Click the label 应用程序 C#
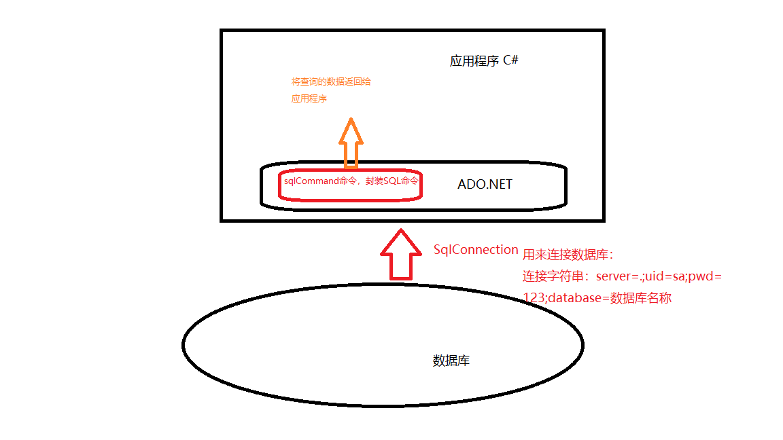tap(484, 60)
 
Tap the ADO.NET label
tap(485, 184)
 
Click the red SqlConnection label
tap(476, 249)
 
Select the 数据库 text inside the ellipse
tap(451, 361)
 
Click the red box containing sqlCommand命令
tap(351, 183)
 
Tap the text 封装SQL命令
tap(391, 182)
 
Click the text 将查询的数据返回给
tap(331, 81)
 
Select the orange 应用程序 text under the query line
tap(309, 98)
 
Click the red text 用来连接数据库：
tap(568, 255)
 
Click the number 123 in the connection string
tap(532, 297)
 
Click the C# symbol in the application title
tap(511, 60)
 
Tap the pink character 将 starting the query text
tap(295, 81)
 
